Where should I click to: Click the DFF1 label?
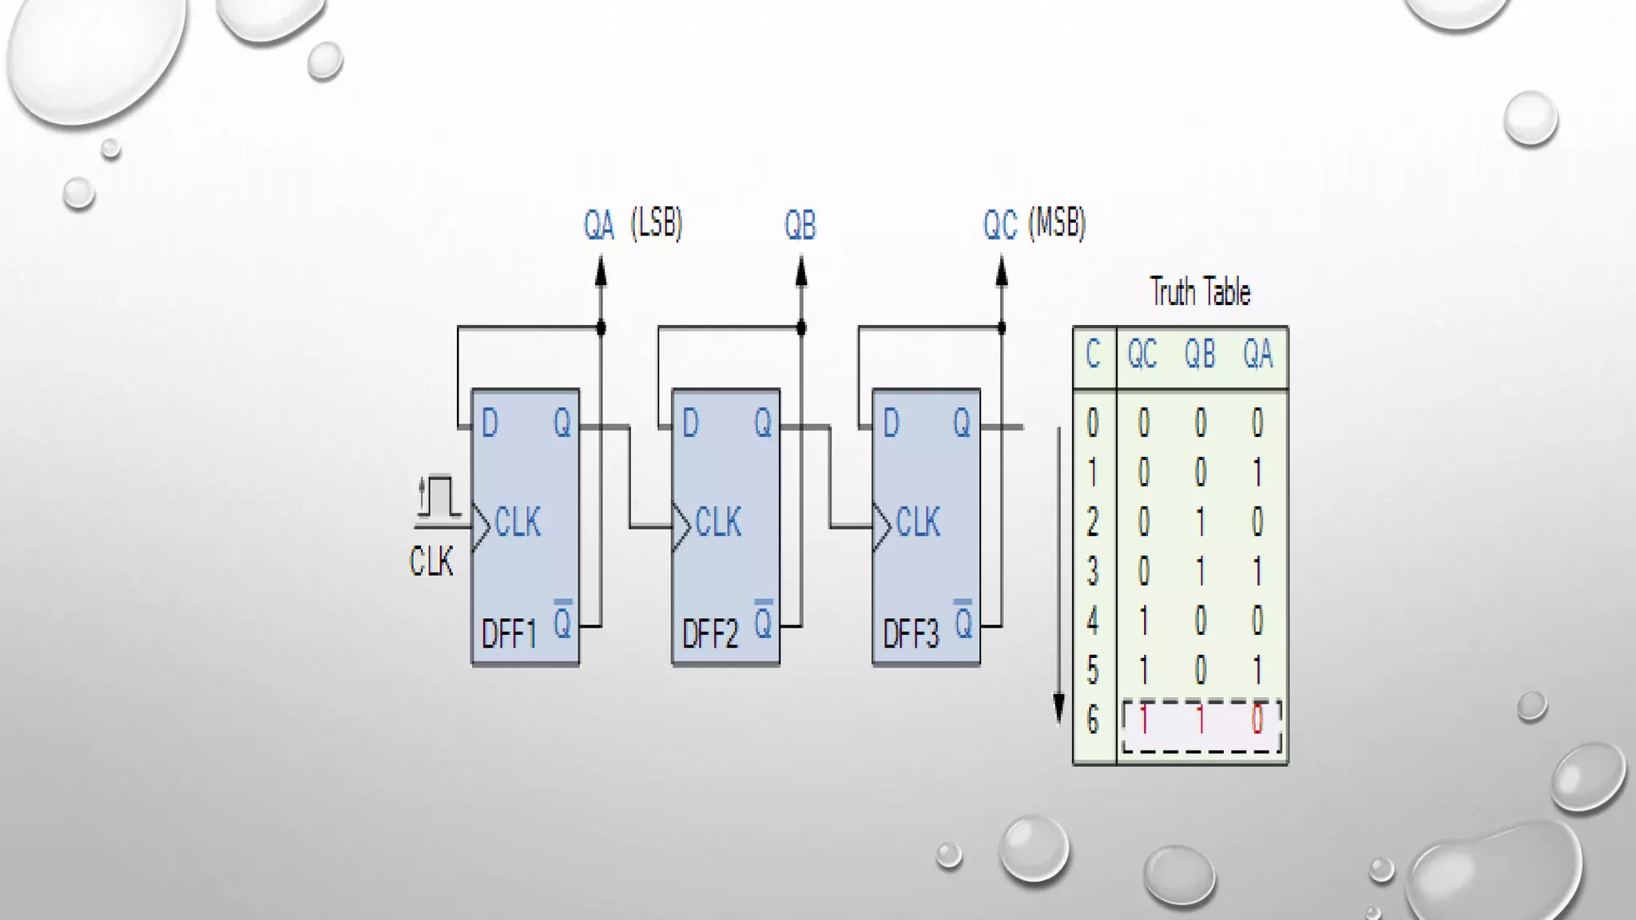tap(509, 636)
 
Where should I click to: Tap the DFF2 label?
tap(709, 636)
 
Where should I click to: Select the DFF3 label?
tap(910, 636)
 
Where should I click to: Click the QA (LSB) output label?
tap(633, 224)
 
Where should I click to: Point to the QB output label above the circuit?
tap(800, 226)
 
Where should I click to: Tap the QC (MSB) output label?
tap(1034, 224)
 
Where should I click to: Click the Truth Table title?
tap(1200, 292)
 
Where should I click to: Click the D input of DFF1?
tap(490, 423)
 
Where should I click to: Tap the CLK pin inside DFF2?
tap(718, 523)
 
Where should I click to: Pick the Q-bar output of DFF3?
tap(963, 621)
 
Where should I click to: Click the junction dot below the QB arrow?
tap(801, 327)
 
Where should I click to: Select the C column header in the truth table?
tap(1093, 354)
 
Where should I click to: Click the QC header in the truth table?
tap(1142, 354)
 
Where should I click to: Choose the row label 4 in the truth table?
tap(1093, 621)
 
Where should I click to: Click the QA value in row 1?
tap(1257, 473)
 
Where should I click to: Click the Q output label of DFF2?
tap(763, 423)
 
